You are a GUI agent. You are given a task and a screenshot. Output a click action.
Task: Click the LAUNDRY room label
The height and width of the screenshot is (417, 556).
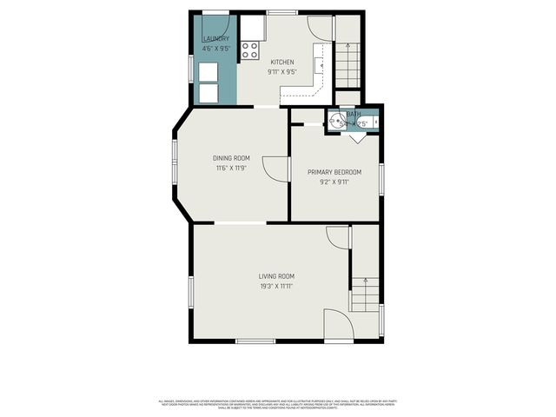(x=215, y=39)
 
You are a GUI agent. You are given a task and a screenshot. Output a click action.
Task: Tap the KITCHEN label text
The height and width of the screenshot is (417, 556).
(x=282, y=62)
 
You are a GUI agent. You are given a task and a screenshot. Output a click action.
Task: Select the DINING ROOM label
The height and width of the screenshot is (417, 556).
(x=231, y=157)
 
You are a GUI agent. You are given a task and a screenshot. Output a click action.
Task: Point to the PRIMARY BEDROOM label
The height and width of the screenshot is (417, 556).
(x=334, y=172)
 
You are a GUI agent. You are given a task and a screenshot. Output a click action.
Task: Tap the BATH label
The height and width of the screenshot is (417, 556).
(x=354, y=115)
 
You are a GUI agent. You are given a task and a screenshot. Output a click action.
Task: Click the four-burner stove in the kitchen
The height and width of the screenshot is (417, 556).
(x=250, y=50)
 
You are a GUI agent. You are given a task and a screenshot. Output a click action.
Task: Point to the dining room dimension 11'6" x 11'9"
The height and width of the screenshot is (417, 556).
(x=231, y=168)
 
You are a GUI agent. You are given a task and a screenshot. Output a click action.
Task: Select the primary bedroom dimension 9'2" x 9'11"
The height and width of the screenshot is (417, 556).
(x=334, y=182)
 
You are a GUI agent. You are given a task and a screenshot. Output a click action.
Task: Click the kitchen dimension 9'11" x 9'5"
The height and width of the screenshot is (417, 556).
(x=282, y=72)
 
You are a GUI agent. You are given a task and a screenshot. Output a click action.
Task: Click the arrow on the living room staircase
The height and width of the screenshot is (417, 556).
(x=365, y=285)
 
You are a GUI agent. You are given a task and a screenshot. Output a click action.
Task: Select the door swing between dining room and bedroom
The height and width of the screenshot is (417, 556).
(x=276, y=169)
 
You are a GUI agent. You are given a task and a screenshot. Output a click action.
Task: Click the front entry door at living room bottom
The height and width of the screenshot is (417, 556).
(x=339, y=326)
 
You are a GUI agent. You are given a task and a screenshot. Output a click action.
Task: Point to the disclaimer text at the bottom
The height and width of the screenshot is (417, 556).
(x=277, y=404)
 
